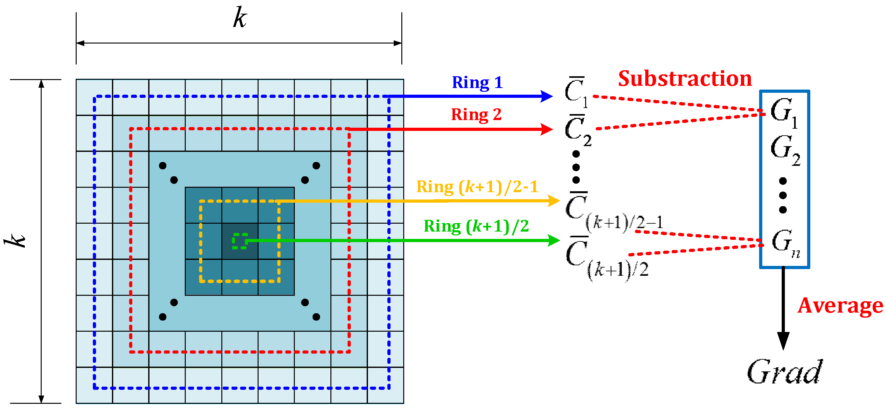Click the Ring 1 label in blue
tap(477, 83)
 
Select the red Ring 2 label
tap(476, 115)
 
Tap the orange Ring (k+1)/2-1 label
tap(477, 187)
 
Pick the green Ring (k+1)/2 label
tap(476, 227)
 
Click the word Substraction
tap(684, 79)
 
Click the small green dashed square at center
tap(240, 241)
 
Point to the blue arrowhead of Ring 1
tap(547, 96)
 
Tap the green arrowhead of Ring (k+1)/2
tap(554, 240)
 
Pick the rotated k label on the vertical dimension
tap(16, 240)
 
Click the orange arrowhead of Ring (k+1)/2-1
tap(554, 201)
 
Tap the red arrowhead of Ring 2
tap(547, 129)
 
